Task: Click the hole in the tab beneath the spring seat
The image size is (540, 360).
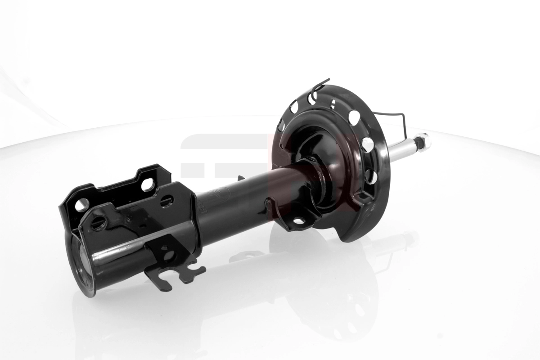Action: point(298,220)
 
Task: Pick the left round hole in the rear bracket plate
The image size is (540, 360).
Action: point(81,205)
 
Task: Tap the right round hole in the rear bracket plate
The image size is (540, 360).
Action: point(147,184)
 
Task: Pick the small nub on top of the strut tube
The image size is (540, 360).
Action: point(240,178)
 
